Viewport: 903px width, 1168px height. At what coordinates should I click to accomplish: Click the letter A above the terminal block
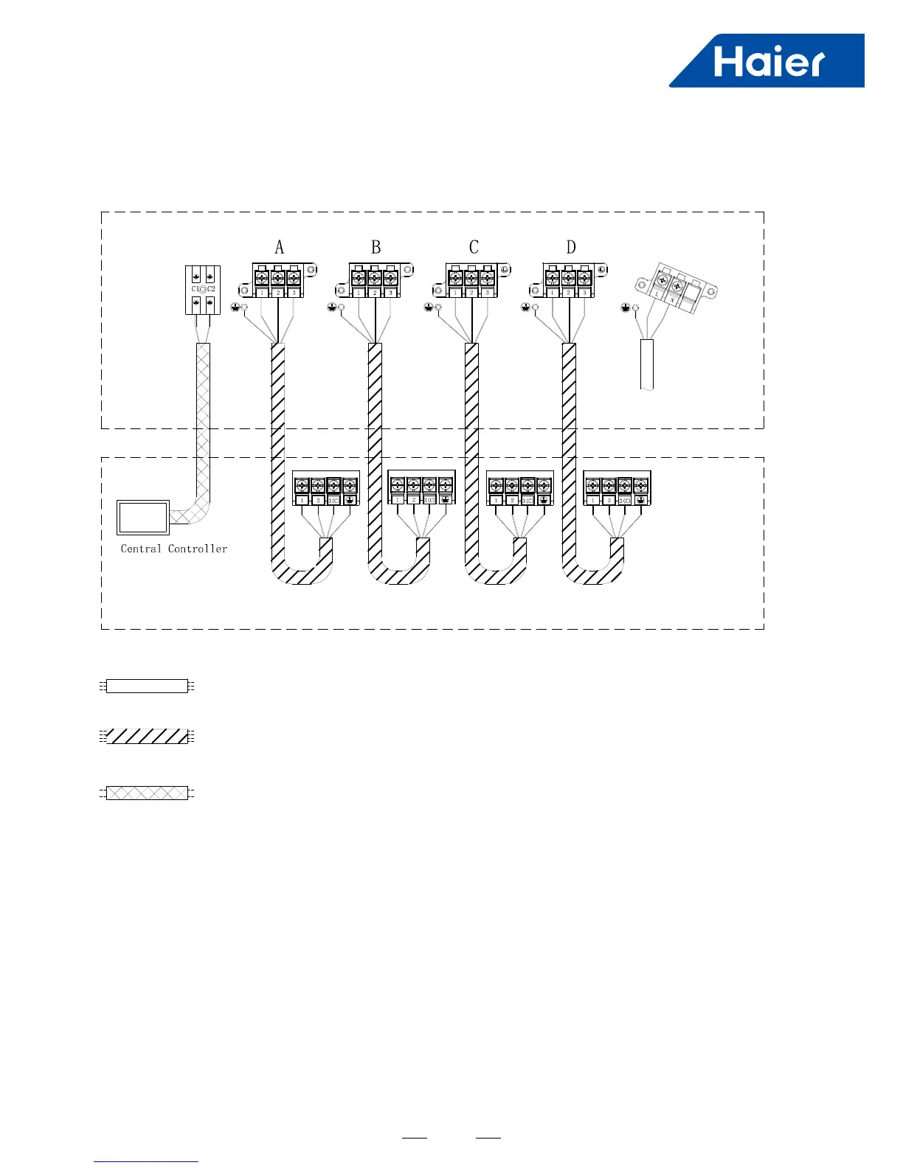click(x=279, y=248)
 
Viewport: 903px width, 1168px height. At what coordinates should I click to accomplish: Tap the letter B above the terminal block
click(x=376, y=248)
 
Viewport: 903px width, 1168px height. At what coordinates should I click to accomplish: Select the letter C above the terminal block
click(x=474, y=248)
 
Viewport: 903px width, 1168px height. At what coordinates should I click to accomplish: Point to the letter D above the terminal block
click(x=570, y=248)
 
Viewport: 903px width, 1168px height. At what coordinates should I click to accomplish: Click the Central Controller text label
click(x=174, y=549)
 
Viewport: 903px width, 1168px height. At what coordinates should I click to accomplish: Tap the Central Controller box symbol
click(x=143, y=517)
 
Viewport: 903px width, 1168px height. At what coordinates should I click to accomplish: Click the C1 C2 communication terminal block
click(x=202, y=289)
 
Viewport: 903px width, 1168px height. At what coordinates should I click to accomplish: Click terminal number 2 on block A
click(x=277, y=293)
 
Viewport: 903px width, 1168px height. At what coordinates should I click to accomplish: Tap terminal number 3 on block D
click(x=584, y=293)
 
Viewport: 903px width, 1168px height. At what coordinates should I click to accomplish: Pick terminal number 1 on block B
click(x=359, y=293)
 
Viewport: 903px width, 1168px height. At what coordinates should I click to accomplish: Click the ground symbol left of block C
click(x=429, y=307)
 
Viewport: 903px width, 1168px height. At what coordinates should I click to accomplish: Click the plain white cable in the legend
click(x=147, y=686)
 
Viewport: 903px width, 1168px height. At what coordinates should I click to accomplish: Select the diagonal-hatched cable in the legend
click(x=147, y=736)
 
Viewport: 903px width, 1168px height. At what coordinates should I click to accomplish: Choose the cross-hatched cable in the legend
click(x=147, y=793)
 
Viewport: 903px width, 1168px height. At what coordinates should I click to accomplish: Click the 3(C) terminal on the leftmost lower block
click(x=333, y=500)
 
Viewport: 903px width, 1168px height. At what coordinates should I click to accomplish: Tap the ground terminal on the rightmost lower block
click(x=640, y=500)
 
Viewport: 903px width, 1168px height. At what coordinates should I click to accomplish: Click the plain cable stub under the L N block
click(x=647, y=364)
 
